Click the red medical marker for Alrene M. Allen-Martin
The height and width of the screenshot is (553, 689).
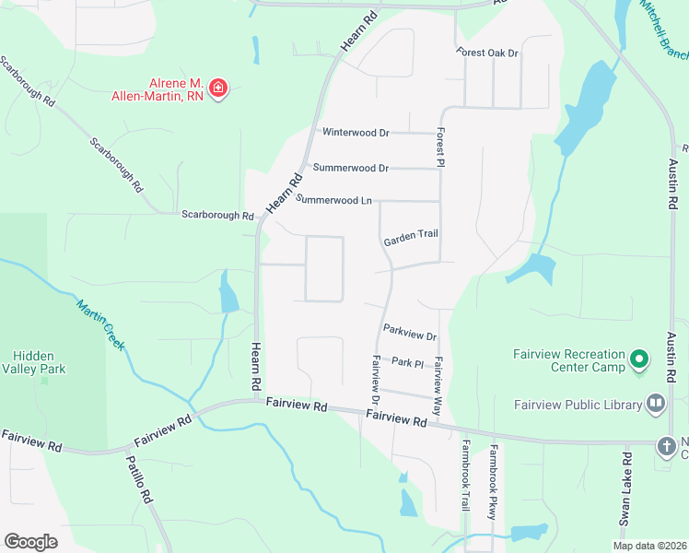click(218, 88)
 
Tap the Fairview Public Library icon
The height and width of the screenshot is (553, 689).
click(656, 402)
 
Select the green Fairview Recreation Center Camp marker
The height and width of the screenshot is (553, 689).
click(638, 358)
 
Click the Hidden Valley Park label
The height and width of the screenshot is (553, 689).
click(33, 363)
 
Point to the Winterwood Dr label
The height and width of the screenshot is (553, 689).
click(355, 133)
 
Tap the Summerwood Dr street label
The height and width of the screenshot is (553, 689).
click(350, 168)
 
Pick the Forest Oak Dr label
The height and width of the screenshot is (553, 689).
click(488, 53)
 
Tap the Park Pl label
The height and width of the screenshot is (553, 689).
click(406, 362)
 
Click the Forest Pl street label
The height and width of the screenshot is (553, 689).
click(441, 147)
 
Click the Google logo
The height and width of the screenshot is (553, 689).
click(30, 542)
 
